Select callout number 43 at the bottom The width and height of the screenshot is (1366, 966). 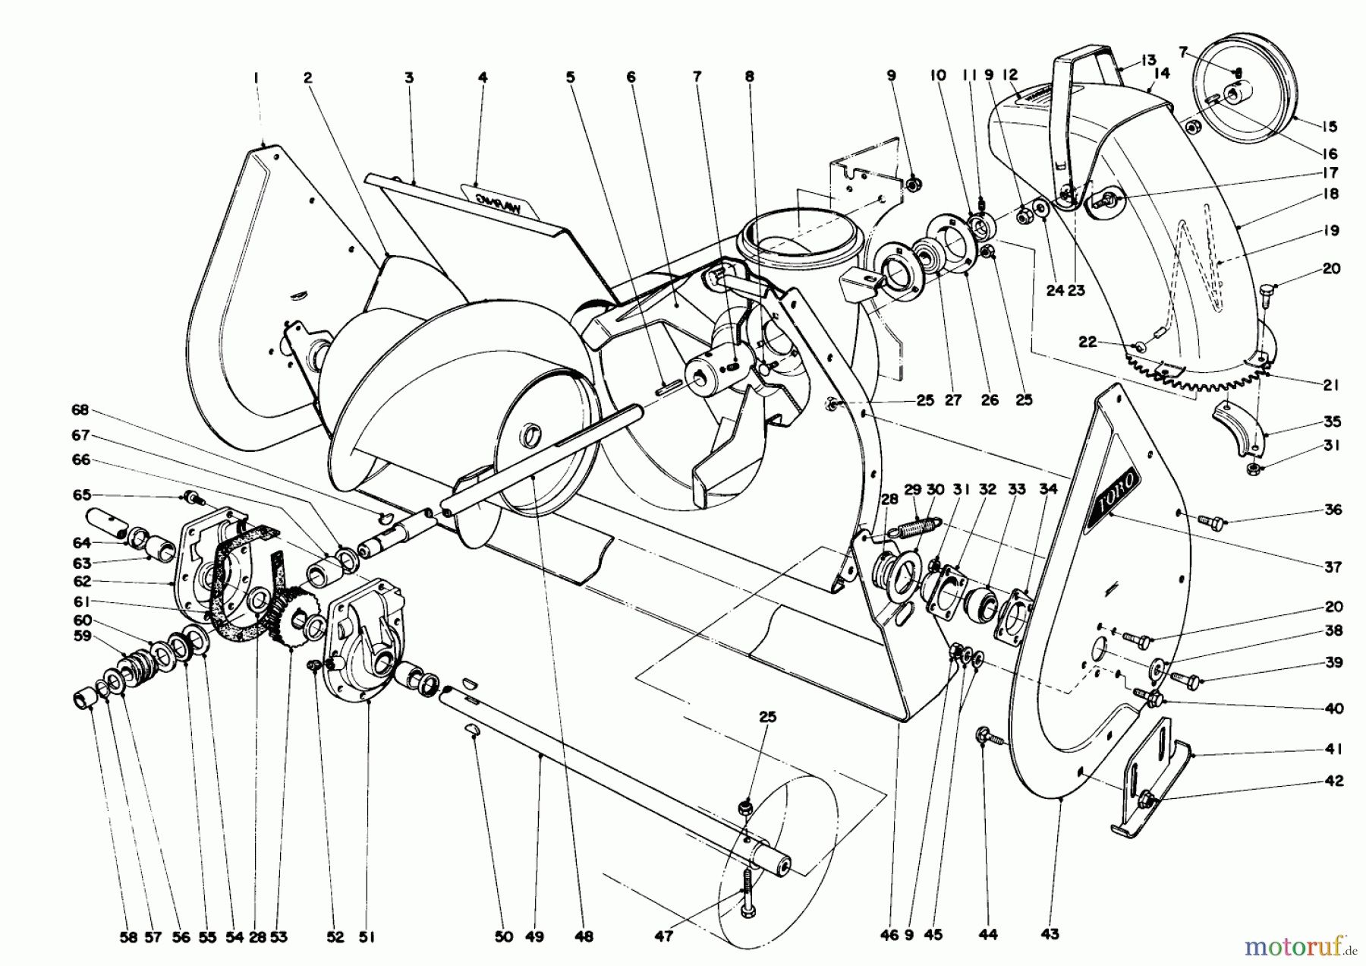tap(1050, 934)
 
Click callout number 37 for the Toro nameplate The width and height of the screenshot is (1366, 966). tap(1333, 567)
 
